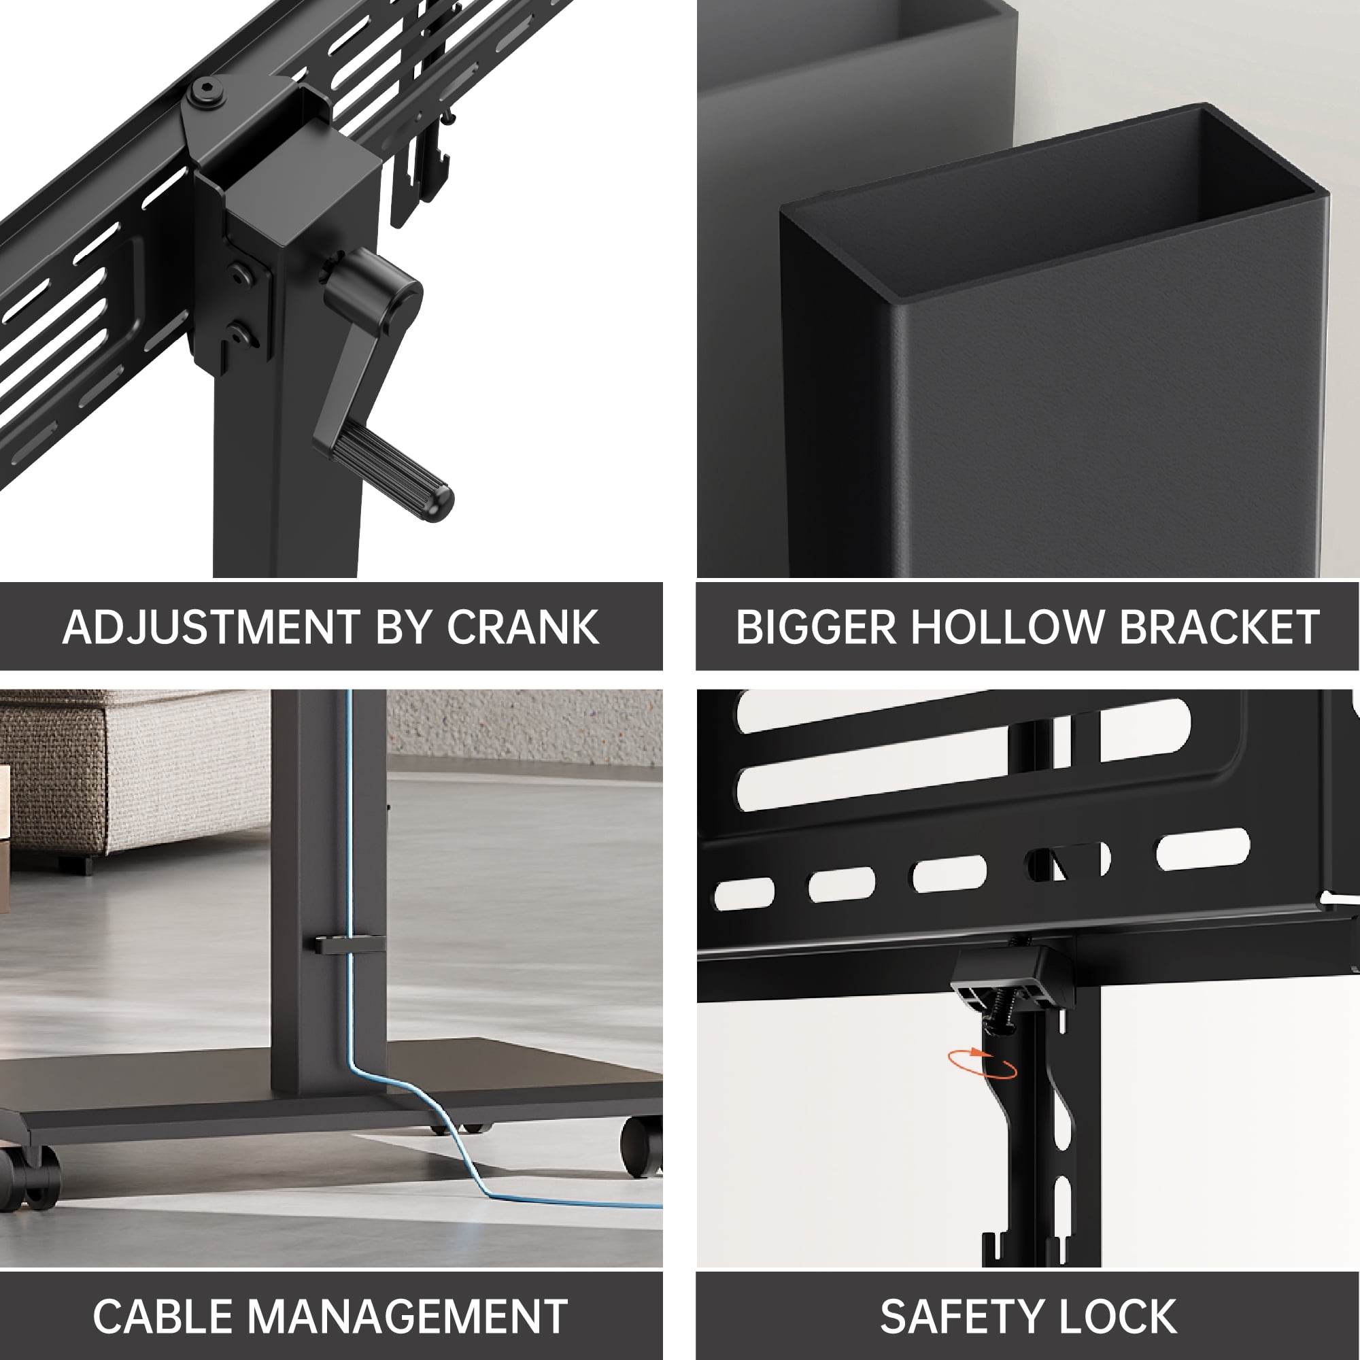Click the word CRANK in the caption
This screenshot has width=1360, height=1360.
coord(523,626)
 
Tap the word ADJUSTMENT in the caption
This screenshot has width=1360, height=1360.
coord(211,626)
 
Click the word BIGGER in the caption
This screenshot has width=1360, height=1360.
coord(817,626)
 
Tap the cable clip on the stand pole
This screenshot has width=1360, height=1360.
coord(348,944)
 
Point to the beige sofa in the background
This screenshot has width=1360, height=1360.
coord(134,775)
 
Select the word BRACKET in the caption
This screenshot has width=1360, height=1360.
coord(1219,626)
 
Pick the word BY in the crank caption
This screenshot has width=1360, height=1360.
coord(403,626)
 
